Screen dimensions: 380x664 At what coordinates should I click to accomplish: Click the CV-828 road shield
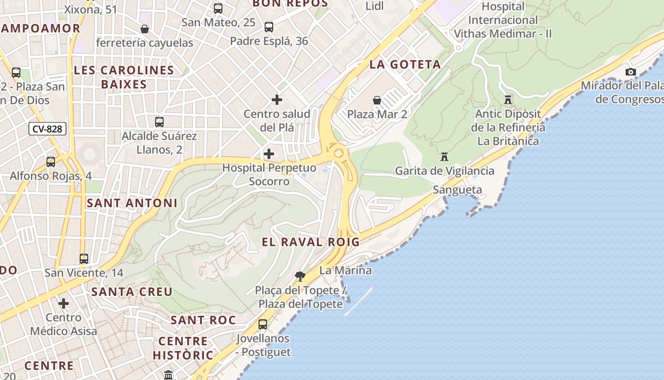point(47,129)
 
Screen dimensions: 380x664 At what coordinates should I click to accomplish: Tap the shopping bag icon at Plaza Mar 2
point(377,100)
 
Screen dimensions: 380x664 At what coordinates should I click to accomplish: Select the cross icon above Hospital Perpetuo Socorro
point(269,154)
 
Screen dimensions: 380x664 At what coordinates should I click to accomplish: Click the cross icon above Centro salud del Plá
point(277,100)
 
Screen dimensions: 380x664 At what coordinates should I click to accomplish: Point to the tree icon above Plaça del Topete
point(300,276)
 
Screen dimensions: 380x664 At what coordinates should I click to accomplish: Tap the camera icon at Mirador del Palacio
point(630,72)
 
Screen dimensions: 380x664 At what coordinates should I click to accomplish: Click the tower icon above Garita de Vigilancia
point(444,156)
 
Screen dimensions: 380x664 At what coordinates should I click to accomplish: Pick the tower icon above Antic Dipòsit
point(508,100)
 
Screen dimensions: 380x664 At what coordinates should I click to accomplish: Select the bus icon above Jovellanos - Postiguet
point(262,324)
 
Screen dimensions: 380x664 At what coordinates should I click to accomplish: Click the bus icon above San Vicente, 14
point(84,259)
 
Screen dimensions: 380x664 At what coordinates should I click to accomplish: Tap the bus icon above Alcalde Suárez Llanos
point(159,122)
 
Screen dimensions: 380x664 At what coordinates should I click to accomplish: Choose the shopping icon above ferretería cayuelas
point(145,29)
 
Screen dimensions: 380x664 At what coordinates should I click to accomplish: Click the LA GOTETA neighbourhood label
point(405,65)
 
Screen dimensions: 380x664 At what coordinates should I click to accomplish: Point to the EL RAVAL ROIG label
point(311,242)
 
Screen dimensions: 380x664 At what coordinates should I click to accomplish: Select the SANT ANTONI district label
point(132,203)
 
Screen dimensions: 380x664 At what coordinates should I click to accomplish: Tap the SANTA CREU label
point(132,292)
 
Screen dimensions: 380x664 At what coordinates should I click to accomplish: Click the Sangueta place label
point(457,190)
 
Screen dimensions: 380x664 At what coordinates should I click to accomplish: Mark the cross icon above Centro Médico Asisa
point(64,304)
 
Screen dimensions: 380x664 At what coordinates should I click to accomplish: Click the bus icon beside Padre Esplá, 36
point(269,27)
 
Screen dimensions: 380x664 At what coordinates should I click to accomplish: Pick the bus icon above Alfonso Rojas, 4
point(51,162)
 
